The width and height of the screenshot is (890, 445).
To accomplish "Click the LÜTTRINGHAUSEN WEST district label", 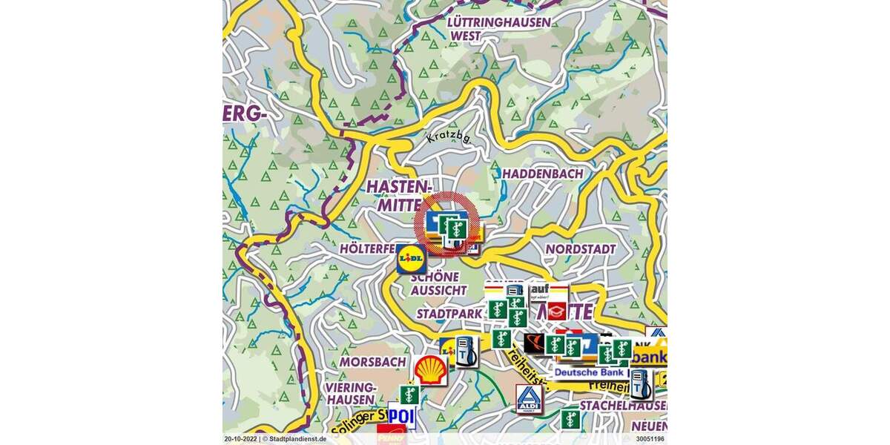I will [499, 29].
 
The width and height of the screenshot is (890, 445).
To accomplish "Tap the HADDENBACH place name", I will [543, 174].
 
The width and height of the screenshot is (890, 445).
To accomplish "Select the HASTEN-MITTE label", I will [398, 196].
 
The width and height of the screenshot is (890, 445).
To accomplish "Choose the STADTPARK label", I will [449, 314].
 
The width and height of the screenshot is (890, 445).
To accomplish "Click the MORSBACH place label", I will [372, 362].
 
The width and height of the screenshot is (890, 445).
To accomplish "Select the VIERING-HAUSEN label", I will [352, 394].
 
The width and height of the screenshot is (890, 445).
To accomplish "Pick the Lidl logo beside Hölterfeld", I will [412, 259].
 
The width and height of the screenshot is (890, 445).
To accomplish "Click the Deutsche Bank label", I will [590, 372].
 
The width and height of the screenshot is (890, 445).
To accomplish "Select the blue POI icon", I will [401, 416].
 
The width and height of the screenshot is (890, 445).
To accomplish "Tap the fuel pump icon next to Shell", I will [465, 351].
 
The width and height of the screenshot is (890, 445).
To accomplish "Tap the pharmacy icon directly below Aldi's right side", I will [570, 419].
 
